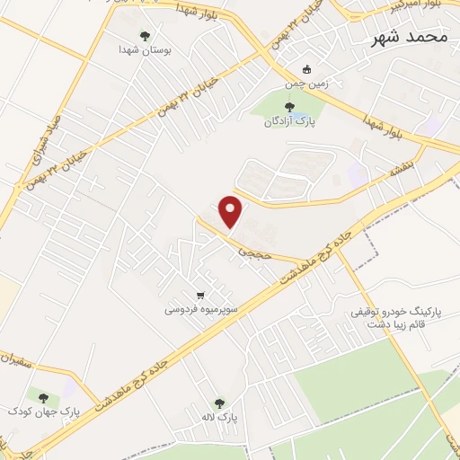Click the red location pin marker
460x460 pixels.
(231, 210)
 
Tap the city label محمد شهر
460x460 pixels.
(408, 38)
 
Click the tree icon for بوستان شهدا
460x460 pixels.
(145, 36)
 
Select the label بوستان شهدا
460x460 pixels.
(145, 51)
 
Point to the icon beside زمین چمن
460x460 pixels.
(306, 70)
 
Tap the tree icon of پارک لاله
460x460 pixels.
(220, 403)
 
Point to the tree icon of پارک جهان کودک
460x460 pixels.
(42, 396)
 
